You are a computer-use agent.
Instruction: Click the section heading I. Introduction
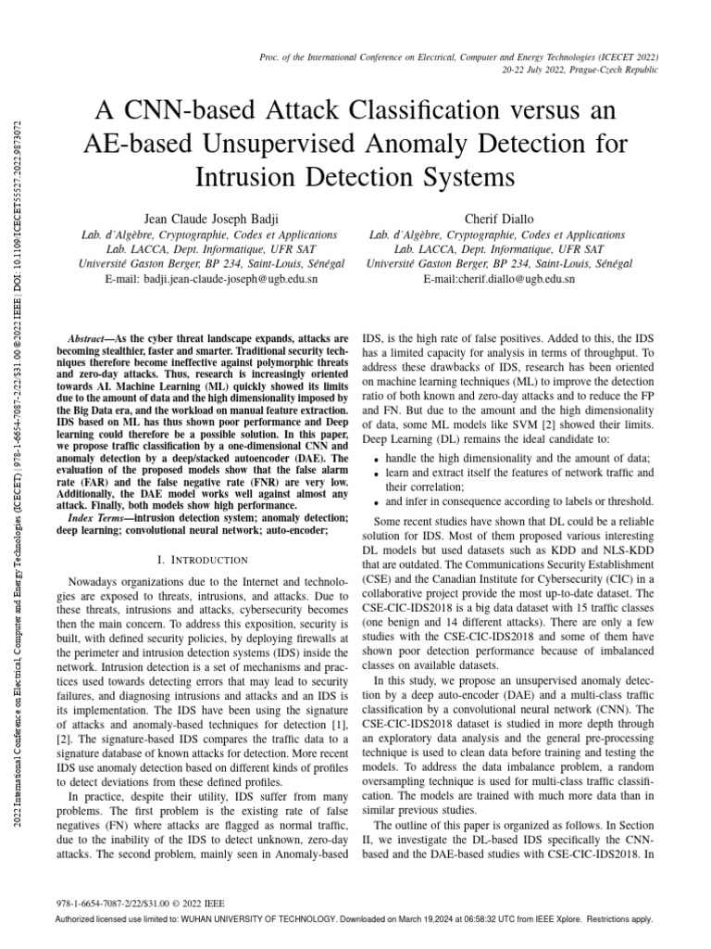click(200, 560)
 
